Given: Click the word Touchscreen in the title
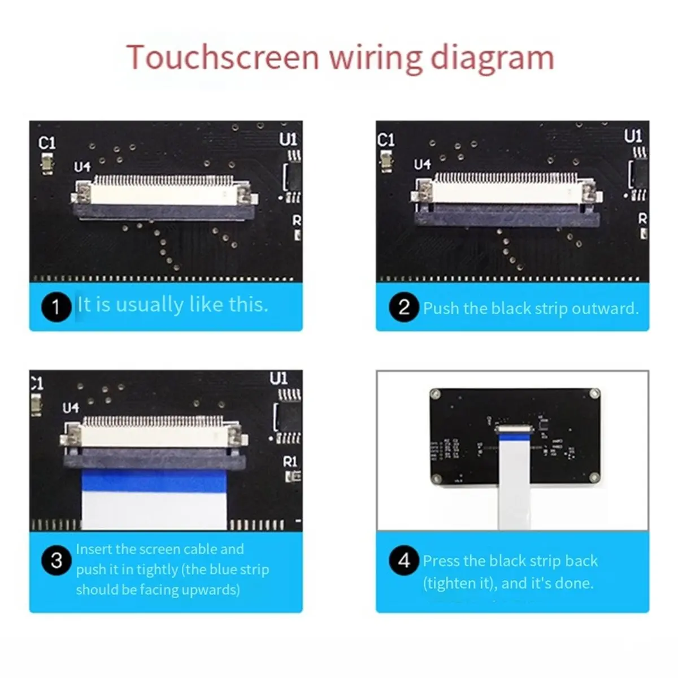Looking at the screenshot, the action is pyautogui.click(x=223, y=58).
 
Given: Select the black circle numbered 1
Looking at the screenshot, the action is pyautogui.click(x=56, y=307).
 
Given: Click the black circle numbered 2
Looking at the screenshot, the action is pyautogui.click(x=404, y=307).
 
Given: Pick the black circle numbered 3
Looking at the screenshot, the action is pyautogui.click(x=56, y=560).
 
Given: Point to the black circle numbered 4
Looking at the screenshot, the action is pyautogui.click(x=404, y=560).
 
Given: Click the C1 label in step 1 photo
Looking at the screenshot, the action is pyautogui.click(x=47, y=143).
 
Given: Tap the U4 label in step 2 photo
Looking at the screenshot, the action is pyautogui.click(x=422, y=164).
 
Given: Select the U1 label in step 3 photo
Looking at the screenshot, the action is pyautogui.click(x=279, y=379).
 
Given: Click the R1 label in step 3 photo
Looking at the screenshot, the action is pyautogui.click(x=290, y=462).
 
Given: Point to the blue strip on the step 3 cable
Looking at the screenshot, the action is pyautogui.click(x=154, y=481).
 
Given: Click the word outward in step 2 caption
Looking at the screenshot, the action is pyautogui.click(x=605, y=308).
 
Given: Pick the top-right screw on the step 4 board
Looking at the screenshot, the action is pyautogui.click(x=594, y=393).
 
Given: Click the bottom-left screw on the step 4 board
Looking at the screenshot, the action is pyautogui.click(x=437, y=478).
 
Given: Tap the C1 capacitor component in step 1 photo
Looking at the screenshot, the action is pyautogui.click(x=47, y=163).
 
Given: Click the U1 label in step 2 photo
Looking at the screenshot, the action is pyautogui.click(x=633, y=136).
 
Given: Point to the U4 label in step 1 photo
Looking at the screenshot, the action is pyautogui.click(x=82, y=167).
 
